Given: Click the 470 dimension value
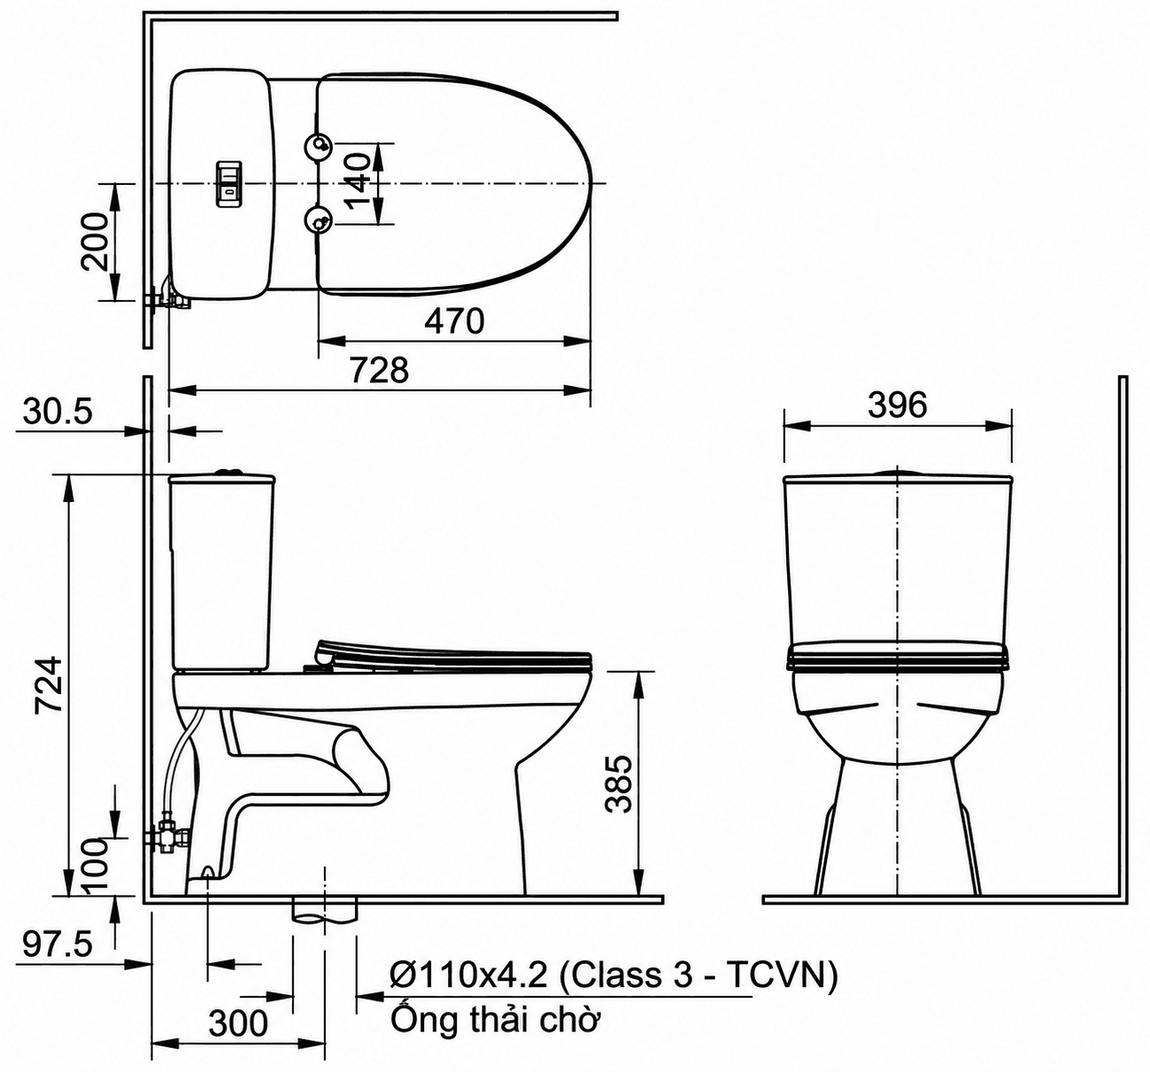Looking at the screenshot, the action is (x=454, y=321).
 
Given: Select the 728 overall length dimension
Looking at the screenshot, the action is (x=380, y=370).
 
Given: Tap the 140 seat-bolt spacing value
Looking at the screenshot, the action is (x=356, y=181).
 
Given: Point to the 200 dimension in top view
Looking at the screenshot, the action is (x=96, y=242).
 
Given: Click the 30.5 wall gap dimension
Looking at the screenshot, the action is (x=58, y=412).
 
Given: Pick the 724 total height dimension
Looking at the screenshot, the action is (x=48, y=684).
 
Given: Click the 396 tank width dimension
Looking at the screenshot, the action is (x=897, y=405).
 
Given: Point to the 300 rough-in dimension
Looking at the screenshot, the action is (x=238, y=1023).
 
